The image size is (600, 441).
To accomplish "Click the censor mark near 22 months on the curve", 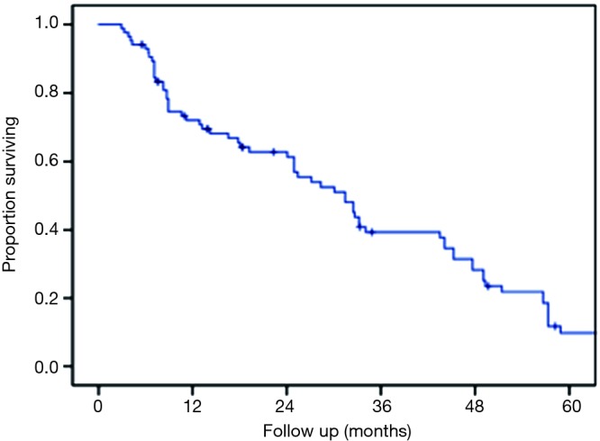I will pyautogui.click(x=274, y=151).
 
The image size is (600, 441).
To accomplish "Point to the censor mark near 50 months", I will pyautogui.click(x=487, y=286).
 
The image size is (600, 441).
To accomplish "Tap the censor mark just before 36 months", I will pyautogui.click(x=371, y=232).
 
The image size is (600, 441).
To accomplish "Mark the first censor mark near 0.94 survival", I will pyautogui.click(x=142, y=44).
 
